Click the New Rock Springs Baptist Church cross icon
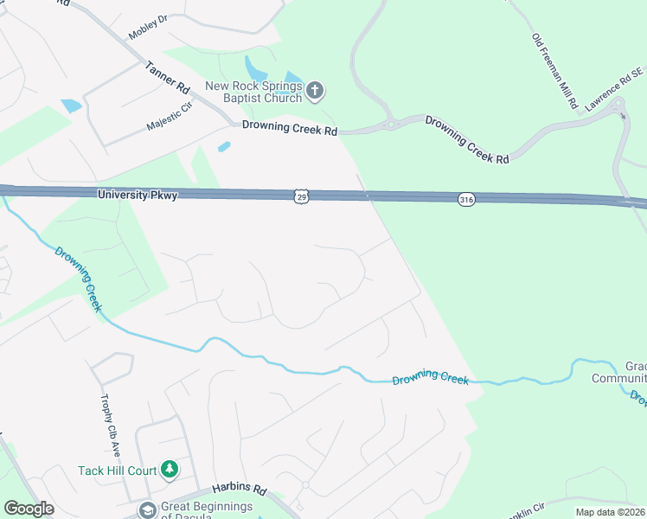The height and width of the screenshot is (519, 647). tap(316, 89)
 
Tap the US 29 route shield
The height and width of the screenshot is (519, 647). tap(300, 197)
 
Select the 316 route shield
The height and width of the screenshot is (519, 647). tap(466, 199)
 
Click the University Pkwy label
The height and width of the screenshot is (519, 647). tap(138, 195)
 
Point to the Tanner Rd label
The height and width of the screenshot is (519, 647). tap(167, 77)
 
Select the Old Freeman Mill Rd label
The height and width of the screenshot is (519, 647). tap(556, 72)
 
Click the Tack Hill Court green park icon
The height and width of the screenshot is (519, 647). tap(170, 470)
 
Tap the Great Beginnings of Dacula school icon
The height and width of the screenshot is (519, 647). tap(147, 510)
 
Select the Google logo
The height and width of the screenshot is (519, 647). tap(29, 509)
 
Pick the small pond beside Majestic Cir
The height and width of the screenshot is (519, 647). tap(70, 106)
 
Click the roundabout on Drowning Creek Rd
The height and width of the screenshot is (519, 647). tap(391, 124)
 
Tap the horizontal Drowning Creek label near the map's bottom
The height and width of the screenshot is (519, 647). tap(430, 380)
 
